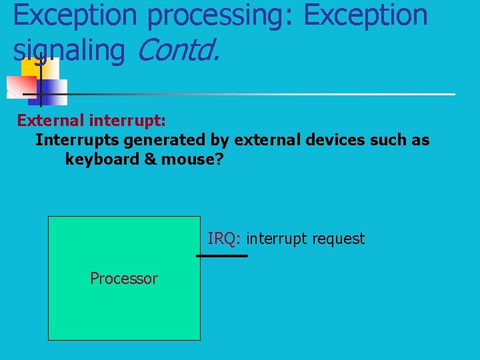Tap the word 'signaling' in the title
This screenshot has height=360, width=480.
[x=69, y=51]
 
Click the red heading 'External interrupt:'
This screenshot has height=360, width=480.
[x=91, y=121]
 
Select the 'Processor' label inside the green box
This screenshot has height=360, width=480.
[x=124, y=279]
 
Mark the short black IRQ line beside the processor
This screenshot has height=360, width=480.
[x=222, y=255]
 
